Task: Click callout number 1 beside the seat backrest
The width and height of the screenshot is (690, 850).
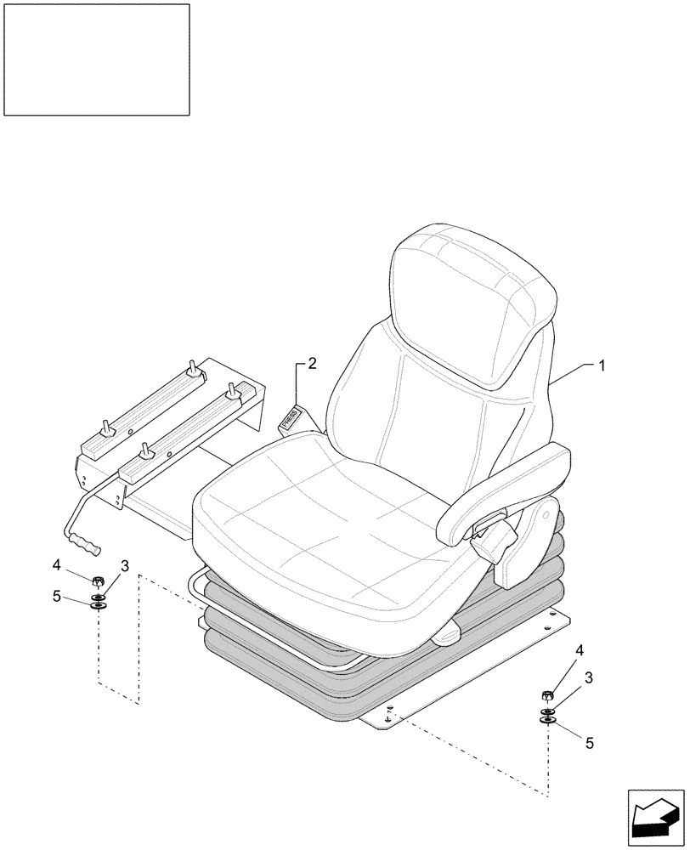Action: [602, 365]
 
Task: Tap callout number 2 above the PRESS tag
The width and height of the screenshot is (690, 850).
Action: [312, 364]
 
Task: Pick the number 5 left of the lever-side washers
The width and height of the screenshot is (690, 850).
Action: [57, 596]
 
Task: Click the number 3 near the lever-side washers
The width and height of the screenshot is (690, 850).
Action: [124, 565]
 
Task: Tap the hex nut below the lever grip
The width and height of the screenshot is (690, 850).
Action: [98, 582]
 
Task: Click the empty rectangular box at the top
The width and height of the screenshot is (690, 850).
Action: [96, 59]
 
